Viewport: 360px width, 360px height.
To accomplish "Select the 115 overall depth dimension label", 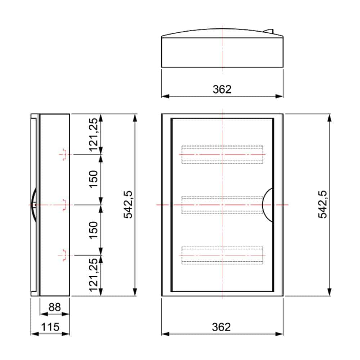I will click(50, 327).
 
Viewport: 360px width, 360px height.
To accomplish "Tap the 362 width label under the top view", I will click(222, 89).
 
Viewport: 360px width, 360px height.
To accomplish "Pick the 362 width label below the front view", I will click(222, 327).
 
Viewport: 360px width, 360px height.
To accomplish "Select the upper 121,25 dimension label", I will click(93, 134).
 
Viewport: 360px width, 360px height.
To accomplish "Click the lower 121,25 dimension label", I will click(93, 275).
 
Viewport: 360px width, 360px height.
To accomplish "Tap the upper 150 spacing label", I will click(93, 179).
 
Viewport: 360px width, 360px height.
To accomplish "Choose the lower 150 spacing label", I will click(93, 230).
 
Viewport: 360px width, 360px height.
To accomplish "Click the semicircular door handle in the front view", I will click(268, 204).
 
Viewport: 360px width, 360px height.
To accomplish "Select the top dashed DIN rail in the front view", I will click(222, 154).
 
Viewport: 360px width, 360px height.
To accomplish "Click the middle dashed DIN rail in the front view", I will click(222, 204).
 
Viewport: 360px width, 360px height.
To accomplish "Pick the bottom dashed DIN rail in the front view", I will click(222, 255).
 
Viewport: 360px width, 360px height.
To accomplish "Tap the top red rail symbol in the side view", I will click(64, 154).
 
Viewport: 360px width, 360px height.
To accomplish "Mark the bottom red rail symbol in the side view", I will click(64, 255).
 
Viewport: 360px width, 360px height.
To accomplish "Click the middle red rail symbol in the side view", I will click(64, 204).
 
